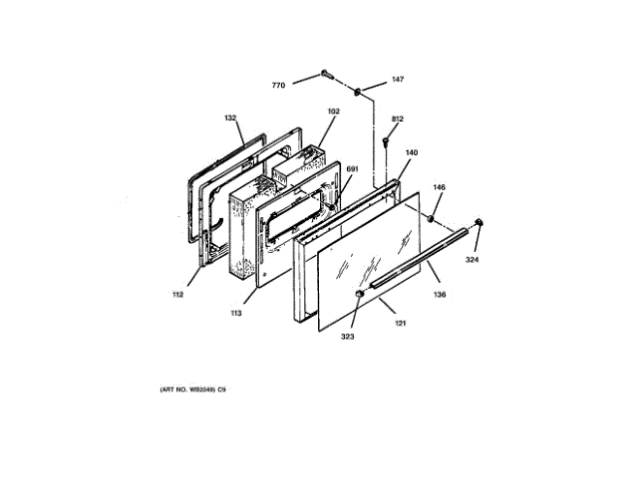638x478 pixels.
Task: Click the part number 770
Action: pyautogui.click(x=279, y=86)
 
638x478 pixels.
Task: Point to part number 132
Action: pyautogui.click(x=231, y=119)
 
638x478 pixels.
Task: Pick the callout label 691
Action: pyautogui.click(x=351, y=169)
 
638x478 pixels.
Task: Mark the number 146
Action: pyautogui.click(x=439, y=187)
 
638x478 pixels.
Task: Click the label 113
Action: pyautogui.click(x=236, y=314)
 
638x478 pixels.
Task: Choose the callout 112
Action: pyautogui.click(x=175, y=295)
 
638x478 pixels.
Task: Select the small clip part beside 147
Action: pyautogui.click(x=355, y=91)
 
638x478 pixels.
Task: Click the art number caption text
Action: pyautogui.click(x=193, y=387)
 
